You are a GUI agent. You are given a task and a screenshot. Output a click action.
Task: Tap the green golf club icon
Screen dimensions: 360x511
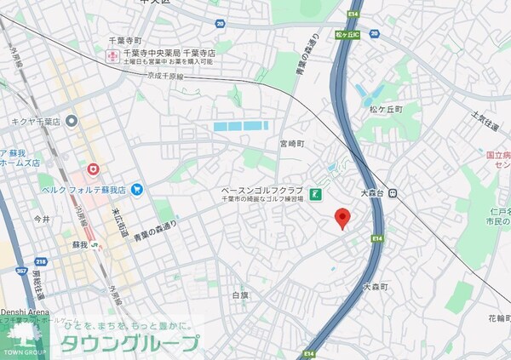(315, 194)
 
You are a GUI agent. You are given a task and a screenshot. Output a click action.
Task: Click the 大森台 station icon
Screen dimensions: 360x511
(393, 194)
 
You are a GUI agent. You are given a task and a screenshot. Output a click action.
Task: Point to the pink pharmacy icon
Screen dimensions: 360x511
(111, 57)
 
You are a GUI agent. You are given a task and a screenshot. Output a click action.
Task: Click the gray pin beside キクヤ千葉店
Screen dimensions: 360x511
(72, 121)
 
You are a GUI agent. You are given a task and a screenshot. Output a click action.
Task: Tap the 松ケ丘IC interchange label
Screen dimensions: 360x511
(349, 35)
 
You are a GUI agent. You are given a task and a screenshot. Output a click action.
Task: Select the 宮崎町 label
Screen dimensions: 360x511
(290, 143)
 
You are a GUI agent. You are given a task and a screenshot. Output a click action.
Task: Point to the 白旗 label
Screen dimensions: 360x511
(240, 295)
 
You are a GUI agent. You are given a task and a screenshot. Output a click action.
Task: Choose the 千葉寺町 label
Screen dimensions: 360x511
(125, 40)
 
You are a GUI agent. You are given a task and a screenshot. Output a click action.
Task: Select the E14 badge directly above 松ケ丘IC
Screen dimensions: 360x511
(353, 15)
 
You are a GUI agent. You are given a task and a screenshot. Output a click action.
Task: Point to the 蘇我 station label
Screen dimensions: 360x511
(79, 246)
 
